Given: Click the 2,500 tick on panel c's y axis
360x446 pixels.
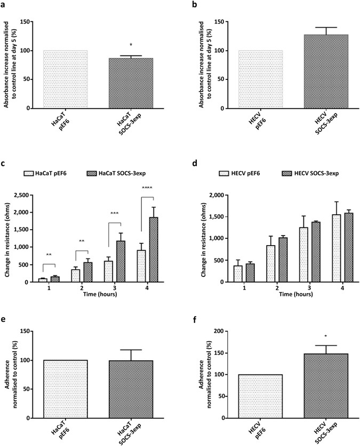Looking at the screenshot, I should coord(35,196).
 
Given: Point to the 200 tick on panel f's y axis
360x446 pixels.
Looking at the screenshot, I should coord(217,331).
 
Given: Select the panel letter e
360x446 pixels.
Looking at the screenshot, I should coord(5,319).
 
